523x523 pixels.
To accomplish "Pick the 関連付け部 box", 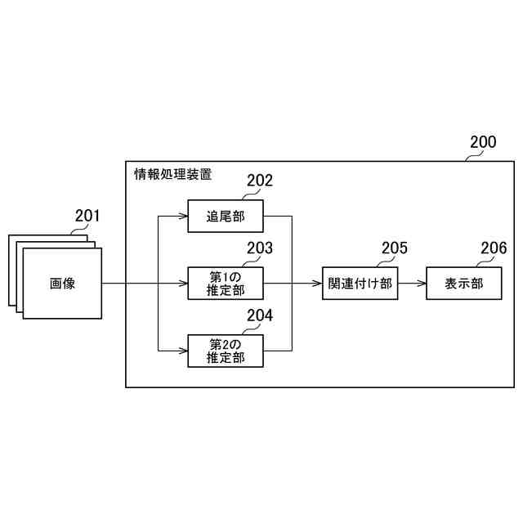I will [x=360, y=284].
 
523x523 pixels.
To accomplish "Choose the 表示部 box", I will [x=463, y=284].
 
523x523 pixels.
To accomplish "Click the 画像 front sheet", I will [x=62, y=284].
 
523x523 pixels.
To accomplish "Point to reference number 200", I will [x=482, y=141].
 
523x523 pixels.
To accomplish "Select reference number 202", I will [x=260, y=181].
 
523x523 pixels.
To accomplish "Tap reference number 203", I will [x=260, y=248].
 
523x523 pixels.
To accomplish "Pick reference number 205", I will [x=394, y=248].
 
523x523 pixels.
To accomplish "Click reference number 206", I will [x=493, y=248].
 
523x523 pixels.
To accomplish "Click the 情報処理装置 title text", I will [x=172, y=173].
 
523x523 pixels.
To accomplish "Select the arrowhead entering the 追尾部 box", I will [x=184, y=217].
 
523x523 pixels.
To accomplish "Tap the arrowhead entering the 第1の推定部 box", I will [x=184, y=284].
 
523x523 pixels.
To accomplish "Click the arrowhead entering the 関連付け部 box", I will [x=317, y=284].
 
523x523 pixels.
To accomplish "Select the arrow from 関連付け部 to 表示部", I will [x=412, y=284].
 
